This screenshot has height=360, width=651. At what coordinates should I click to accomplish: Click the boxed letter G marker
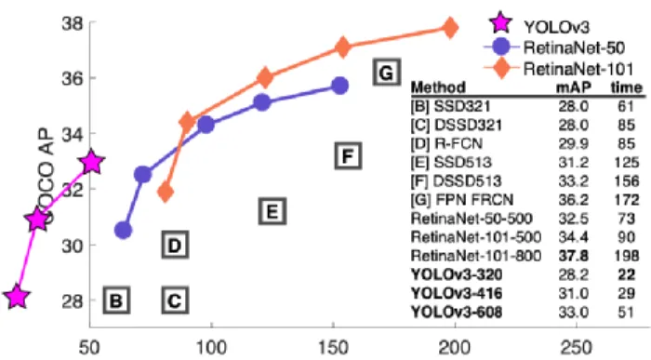pos(386,73)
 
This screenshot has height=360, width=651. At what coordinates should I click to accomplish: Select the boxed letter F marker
pos(348,155)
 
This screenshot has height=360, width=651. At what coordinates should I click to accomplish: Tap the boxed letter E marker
pos(272,211)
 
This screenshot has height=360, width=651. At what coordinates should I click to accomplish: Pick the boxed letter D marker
pos(175,245)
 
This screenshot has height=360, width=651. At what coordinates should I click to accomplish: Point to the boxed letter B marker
pos(116,300)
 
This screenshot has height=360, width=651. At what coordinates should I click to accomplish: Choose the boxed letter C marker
pos(175,300)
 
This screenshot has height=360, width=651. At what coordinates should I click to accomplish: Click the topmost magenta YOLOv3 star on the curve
pos(92,163)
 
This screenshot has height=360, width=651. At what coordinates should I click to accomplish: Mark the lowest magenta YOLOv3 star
pos(17,297)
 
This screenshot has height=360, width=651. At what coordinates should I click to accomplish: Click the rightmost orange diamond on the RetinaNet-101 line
pos(449,28)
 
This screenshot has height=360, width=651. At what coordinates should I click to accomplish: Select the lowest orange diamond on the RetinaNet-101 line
pos(166,192)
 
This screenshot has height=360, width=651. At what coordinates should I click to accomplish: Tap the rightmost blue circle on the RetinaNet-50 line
pos(339,86)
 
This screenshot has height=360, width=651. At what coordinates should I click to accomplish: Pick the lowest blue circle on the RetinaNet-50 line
pos(123,230)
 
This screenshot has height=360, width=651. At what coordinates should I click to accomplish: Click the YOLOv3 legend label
pos(556,27)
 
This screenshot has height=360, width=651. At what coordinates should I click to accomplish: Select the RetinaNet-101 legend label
pos(578,69)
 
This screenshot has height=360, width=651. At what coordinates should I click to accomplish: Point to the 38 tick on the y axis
pos(73,23)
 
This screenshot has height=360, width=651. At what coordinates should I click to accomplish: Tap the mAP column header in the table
pos(574,87)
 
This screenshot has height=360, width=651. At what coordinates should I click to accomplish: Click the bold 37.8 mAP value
pos(574,256)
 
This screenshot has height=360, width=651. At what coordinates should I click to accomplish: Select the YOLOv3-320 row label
pos(457,274)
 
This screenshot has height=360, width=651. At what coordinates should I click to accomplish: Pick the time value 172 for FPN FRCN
pos(627,200)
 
